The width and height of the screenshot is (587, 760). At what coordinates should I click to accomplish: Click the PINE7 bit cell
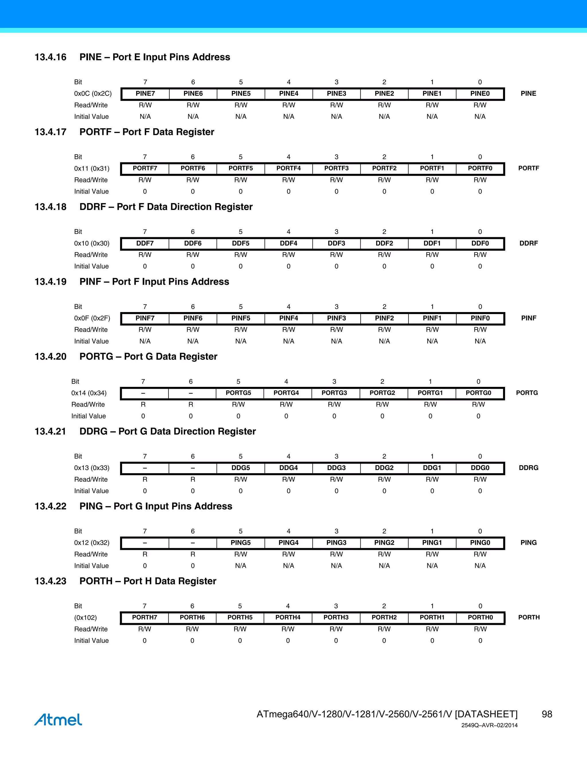(x=145, y=93)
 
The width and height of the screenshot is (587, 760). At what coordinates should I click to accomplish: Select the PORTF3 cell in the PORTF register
(x=336, y=168)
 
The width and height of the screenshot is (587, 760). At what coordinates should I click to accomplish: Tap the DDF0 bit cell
(x=480, y=243)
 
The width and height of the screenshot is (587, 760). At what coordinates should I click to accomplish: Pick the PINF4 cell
(x=289, y=318)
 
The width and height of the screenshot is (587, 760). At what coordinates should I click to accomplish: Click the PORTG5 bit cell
(x=238, y=393)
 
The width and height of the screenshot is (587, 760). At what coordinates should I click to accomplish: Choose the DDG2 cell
(x=384, y=468)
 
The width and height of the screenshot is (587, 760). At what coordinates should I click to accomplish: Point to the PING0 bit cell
(x=480, y=543)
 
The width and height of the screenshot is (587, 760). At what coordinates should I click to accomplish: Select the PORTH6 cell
(x=192, y=617)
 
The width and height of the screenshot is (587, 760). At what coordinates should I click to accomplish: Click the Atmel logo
(x=58, y=720)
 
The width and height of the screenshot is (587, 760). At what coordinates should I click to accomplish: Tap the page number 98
(x=547, y=714)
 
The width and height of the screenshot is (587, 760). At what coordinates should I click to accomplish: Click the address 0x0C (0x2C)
(x=93, y=93)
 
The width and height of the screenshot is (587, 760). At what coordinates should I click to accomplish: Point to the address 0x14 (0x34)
(x=89, y=393)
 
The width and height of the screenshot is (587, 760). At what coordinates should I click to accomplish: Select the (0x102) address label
(x=85, y=618)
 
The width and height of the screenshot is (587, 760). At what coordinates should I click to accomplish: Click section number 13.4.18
(x=50, y=207)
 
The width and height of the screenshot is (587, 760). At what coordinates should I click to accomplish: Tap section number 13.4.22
(x=50, y=506)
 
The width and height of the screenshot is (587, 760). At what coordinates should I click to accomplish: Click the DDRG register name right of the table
(x=529, y=468)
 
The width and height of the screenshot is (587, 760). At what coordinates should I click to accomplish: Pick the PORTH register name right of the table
(x=529, y=617)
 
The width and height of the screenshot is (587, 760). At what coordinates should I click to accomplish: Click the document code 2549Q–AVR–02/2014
(x=489, y=725)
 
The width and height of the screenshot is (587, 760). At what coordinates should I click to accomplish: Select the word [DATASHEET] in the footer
(x=486, y=714)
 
